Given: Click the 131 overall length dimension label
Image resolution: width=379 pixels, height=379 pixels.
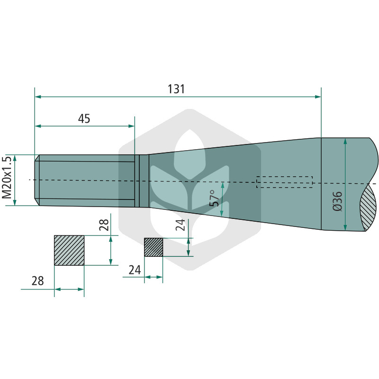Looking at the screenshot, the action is (x=176, y=89).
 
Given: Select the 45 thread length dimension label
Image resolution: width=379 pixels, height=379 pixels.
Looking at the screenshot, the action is (x=84, y=119).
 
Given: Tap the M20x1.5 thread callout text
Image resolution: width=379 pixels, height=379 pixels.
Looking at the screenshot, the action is (x=7, y=178).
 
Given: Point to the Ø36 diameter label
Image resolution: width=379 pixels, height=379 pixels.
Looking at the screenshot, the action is (x=337, y=201).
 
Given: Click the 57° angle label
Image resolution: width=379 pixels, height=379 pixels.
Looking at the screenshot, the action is (x=215, y=198).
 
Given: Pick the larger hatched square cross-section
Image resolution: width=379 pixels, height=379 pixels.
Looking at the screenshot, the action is (x=69, y=251).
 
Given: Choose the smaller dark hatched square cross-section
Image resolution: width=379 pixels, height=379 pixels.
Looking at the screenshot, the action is (x=153, y=247).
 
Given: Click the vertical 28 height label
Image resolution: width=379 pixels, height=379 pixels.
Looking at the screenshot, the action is (x=104, y=225).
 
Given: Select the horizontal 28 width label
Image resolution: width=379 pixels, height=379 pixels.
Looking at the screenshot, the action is (x=38, y=281).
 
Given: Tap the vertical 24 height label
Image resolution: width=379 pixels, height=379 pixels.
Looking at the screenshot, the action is (x=180, y=225).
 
